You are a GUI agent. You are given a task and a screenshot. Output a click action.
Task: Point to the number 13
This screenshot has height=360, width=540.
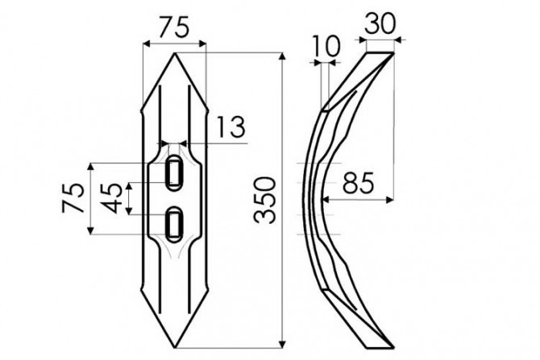click(x=231, y=126)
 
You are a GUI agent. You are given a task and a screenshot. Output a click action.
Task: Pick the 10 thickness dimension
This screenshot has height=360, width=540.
click(x=326, y=47)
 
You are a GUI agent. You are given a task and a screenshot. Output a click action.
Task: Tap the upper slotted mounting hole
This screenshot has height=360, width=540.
click(x=173, y=173)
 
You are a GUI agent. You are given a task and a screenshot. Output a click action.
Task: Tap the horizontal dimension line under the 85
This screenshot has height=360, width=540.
click(x=355, y=199)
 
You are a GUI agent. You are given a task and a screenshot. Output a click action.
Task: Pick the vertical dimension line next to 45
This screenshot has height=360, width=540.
click(x=127, y=199)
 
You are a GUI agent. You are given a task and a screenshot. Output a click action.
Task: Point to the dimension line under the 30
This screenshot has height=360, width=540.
click(x=379, y=38)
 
